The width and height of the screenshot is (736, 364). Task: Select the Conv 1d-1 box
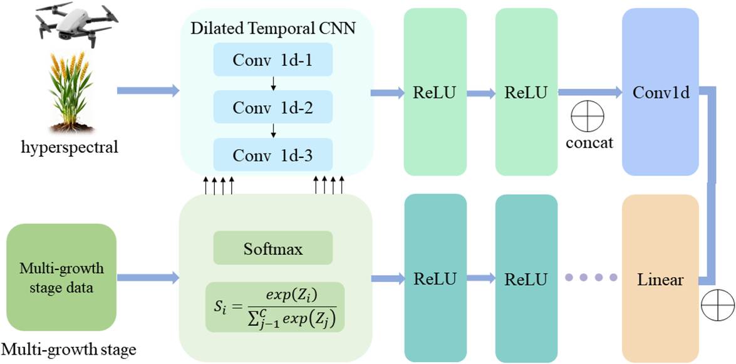click(x=272, y=60)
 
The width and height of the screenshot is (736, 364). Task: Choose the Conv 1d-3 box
click(x=272, y=155)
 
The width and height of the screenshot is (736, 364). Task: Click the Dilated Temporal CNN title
click(x=272, y=29)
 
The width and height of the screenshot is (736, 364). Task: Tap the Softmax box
click(x=272, y=247)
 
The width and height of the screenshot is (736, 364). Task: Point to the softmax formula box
click(x=275, y=307)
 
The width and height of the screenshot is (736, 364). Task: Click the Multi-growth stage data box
click(x=61, y=277)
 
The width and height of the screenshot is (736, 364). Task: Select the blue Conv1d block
click(x=660, y=91)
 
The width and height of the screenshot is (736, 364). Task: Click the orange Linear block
click(x=660, y=279)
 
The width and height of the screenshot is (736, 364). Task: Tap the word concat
click(x=589, y=142)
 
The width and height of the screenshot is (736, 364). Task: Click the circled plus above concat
click(x=588, y=116)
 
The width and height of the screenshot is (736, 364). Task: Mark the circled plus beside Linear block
click(x=717, y=306)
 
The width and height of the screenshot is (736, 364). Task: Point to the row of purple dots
click(x=591, y=278)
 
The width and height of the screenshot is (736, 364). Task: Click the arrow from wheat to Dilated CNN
click(x=148, y=90)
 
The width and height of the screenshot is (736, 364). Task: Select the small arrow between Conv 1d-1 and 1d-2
click(x=273, y=83)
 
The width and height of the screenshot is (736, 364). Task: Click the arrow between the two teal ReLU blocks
click(x=481, y=278)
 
